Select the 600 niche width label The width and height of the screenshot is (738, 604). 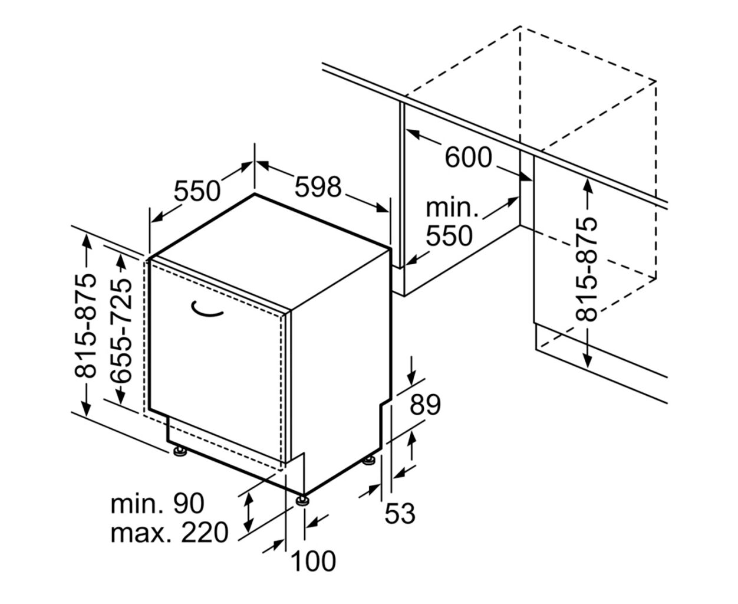tap(468, 157)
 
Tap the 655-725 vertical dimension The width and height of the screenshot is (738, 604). tap(121, 330)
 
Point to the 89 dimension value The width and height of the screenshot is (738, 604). tap(425, 405)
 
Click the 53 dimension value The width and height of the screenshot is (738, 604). tap(400, 513)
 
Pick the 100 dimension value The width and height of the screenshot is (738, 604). tap(313, 562)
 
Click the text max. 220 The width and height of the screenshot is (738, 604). tap(169, 533)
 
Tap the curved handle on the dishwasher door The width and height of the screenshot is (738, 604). tap(207, 310)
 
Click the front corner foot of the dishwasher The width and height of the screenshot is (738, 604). tap(302, 500)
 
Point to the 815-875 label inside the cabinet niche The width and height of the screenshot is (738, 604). tap(587, 269)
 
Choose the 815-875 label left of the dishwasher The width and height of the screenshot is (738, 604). tap(85, 326)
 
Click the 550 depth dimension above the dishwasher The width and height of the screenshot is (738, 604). tap(197, 191)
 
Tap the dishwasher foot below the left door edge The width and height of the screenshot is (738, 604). tap(180, 451)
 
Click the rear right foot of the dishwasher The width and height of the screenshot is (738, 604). tap(369, 460)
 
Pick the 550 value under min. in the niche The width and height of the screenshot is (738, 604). tap(449, 236)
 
